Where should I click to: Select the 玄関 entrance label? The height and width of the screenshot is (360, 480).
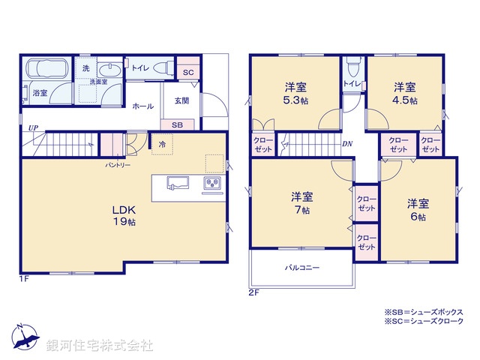[x=181, y=100]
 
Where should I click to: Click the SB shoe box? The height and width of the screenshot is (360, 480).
[x=177, y=124]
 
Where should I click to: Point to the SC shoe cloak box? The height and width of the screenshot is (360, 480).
[x=187, y=72]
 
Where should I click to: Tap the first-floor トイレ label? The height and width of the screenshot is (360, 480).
[x=139, y=67]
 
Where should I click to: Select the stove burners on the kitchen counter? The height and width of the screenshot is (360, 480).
[x=211, y=184]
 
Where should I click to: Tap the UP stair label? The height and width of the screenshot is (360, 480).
[x=33, y=128]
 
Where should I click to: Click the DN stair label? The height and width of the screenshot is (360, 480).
[x=347, y=143]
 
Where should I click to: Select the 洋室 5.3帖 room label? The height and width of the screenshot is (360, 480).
[x=295, y=92]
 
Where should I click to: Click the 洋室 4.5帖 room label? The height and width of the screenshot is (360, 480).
[x=405, y=92]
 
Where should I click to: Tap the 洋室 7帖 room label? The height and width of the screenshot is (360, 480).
[x=301, y=203]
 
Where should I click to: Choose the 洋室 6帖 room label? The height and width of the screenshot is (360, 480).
[x=418, y=209]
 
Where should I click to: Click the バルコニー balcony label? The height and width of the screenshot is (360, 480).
[x=301, y=267]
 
